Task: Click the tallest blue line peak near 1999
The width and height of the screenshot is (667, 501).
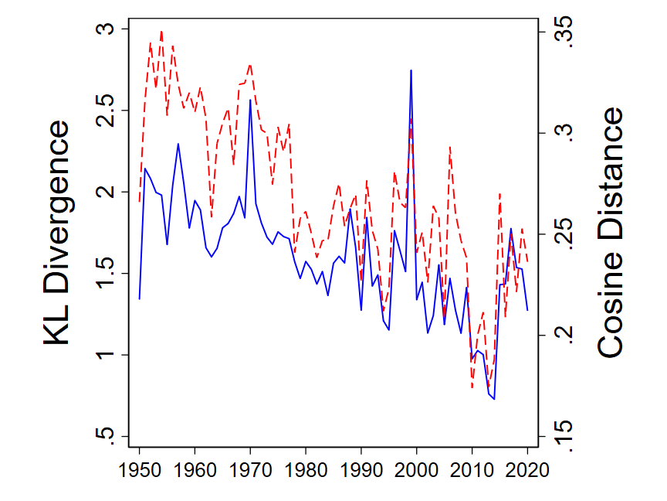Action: [411, 70]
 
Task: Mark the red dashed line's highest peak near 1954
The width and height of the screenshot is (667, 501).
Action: [161, 32]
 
